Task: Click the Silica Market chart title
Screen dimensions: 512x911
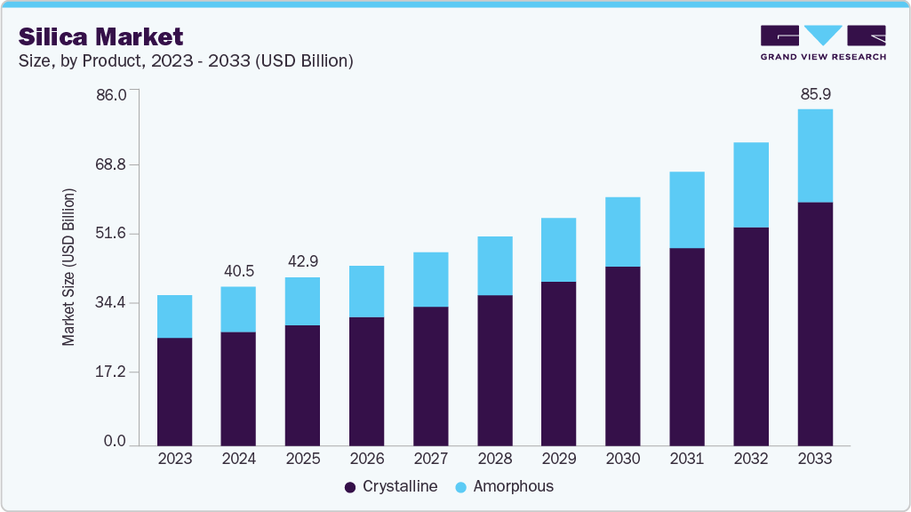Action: click(100, 36)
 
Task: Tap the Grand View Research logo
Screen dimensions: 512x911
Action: click(823, 42)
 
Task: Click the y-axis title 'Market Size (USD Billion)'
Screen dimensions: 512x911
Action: click(68, 268)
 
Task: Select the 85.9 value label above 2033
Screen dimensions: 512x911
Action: click(815, 94)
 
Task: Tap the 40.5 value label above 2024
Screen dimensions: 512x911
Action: click(238, 271)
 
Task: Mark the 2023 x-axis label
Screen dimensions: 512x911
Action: click(174, 459)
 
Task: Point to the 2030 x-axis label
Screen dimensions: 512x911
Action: click(622, 459)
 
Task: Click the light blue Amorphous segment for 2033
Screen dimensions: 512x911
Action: click(815, 156)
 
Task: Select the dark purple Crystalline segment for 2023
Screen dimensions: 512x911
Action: click(174, 391)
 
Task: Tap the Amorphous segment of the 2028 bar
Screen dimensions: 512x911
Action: click(495, 266)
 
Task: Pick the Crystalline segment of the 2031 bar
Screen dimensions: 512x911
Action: click(687, 347)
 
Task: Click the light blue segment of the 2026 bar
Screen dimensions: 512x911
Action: click(366, 292)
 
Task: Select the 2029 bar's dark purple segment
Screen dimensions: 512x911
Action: click(558, 363)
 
